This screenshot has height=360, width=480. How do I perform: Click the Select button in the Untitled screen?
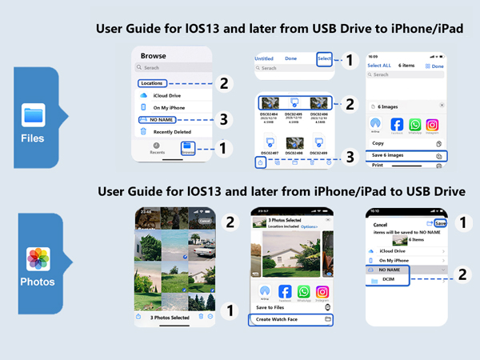(323, 58)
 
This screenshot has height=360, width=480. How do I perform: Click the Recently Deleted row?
(174, 131)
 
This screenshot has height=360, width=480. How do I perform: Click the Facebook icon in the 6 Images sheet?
(397, 125)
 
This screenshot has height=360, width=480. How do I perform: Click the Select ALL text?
(381, 66)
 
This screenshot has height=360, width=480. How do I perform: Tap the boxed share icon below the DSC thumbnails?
(261, 162)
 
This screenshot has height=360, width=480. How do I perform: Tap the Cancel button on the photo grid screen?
(206, 220)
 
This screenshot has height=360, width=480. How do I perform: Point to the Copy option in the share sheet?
(378, 143)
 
